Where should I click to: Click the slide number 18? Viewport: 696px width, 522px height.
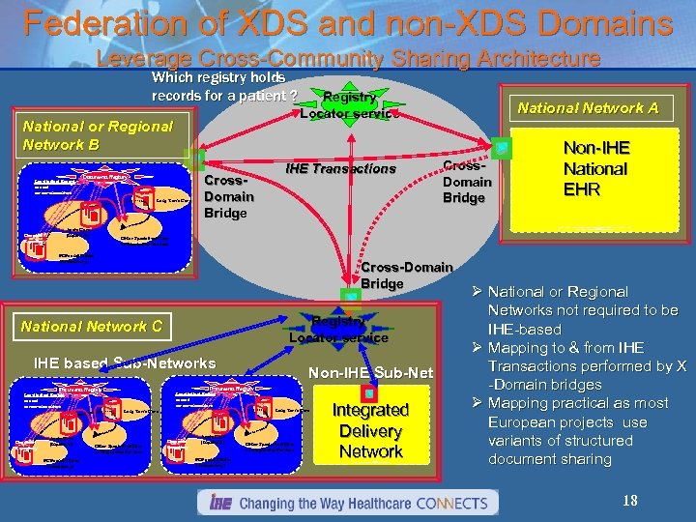click(x=629, y=501)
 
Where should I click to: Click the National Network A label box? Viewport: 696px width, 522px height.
click(x=588, y=108)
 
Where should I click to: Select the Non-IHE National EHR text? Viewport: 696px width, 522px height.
click(x=595, y=168)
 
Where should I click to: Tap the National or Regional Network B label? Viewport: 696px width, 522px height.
click(x=97, y=135)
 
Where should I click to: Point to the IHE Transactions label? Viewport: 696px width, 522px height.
click(x=340, y=169)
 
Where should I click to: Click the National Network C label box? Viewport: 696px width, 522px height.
click(x=91, y=326)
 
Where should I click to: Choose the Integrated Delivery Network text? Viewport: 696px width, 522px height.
click(x=369, y=430)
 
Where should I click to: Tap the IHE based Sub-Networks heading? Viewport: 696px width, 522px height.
click(x=125, y=363)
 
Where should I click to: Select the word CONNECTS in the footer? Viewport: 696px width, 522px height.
click(x=453, y=503)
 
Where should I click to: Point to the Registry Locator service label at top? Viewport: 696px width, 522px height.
click(x=349, y=104)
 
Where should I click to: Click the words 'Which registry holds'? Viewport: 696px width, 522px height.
click(x=217, y=76)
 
